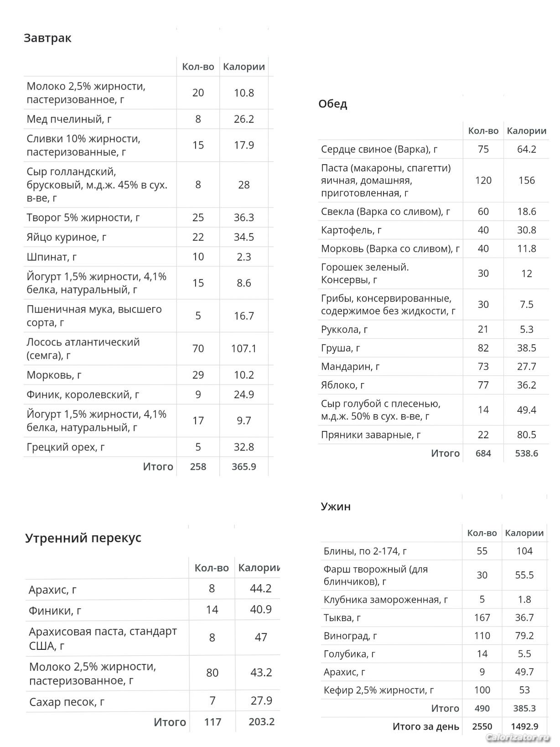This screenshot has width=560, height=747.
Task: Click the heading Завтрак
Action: pos(47,38)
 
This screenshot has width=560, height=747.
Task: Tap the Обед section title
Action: pos(332,104)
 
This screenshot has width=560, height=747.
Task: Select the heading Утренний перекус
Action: pos(83,538)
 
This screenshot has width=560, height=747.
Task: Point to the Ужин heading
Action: pos(336,507)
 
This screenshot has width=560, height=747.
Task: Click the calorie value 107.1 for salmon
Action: pos(244,349)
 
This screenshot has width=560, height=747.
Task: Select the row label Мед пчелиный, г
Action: pos(69,119)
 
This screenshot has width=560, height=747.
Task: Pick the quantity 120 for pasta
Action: pos(483,180)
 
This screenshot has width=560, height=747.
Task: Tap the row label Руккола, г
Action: pos(344,329)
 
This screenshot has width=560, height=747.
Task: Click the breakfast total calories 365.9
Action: pos(244,467)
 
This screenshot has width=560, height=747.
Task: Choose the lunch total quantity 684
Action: pos(483,453)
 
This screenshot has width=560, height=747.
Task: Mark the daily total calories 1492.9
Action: pos(524,726)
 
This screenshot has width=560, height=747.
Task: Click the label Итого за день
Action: pos(425,726)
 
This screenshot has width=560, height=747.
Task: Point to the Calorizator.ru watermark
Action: pos(518,737)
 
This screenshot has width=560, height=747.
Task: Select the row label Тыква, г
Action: pos(342,617)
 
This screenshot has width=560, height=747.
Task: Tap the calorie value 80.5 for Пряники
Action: pos(526,435)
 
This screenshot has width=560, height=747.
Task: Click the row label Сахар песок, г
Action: pos(67,702)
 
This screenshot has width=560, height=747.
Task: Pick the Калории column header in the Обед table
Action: pos(526,131)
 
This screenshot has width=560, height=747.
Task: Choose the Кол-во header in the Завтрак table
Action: pos(198,67)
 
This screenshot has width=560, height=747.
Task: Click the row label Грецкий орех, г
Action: pos(66,447)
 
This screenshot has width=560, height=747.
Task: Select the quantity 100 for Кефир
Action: pos(482,690)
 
